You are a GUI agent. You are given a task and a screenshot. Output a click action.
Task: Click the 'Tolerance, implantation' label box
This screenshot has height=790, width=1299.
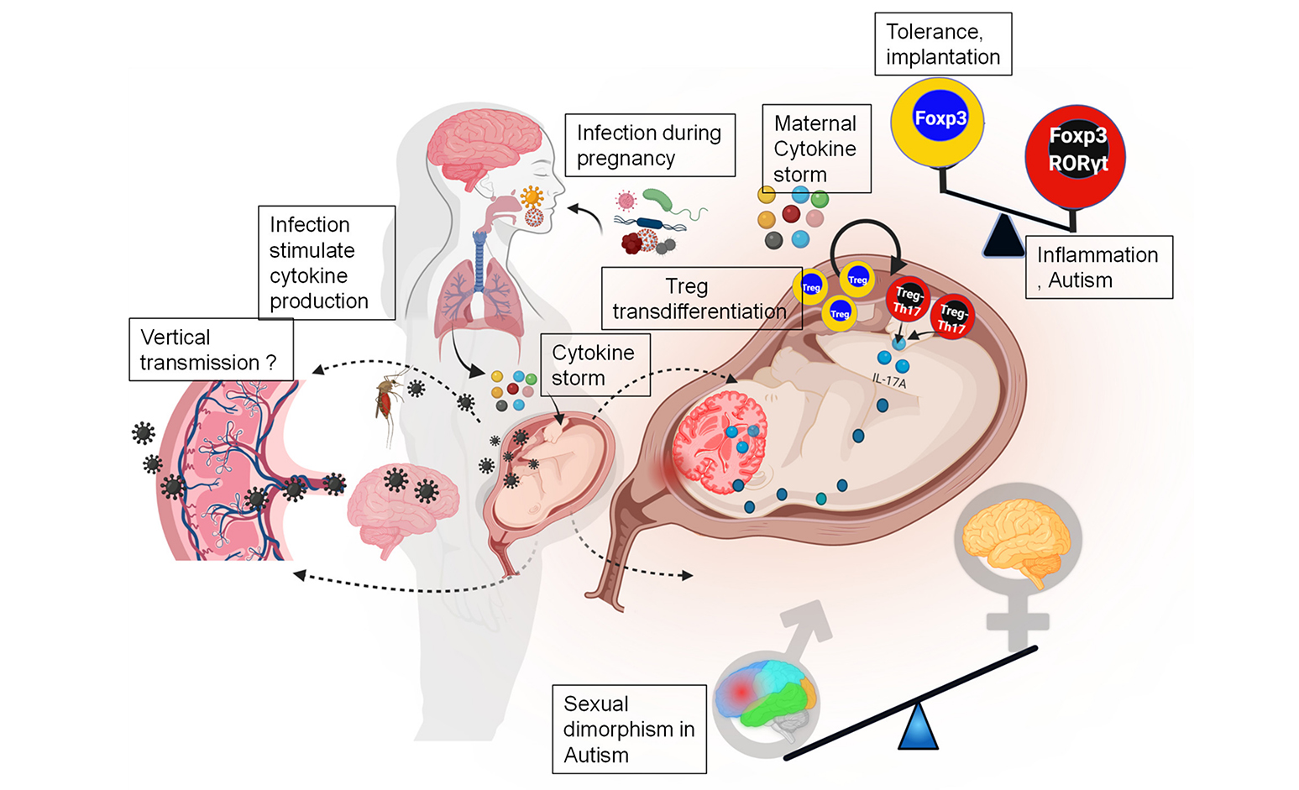coord(943,44)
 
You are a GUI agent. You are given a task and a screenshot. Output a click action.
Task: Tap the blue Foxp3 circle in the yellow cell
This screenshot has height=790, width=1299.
coord(940,118)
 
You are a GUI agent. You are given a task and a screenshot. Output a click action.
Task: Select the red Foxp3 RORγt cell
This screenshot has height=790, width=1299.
coord(1076,156)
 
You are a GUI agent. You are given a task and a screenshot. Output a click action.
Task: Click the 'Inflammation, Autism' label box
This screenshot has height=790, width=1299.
coord(1098,267)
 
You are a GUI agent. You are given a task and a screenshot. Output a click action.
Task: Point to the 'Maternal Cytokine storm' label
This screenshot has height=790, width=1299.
coord(815,149)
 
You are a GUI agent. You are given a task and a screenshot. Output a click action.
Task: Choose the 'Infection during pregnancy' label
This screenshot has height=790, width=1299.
coord(649,145)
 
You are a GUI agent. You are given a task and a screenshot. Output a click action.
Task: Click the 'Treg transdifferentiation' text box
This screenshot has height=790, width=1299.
coord(699,299)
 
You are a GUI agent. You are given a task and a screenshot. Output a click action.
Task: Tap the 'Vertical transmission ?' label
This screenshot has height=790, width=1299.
coord(210,349)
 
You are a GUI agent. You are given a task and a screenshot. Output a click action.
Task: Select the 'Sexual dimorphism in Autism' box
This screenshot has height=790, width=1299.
coord(629,729)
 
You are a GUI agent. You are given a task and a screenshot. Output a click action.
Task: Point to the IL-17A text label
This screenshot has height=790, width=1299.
coord(889,382)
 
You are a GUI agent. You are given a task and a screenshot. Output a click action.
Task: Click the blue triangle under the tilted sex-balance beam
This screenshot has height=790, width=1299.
coord(917,726)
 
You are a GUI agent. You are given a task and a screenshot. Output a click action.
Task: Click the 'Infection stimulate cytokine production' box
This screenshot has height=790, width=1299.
coord(326,263)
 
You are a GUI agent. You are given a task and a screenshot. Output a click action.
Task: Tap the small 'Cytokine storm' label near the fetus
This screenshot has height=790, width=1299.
coord(595,365)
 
